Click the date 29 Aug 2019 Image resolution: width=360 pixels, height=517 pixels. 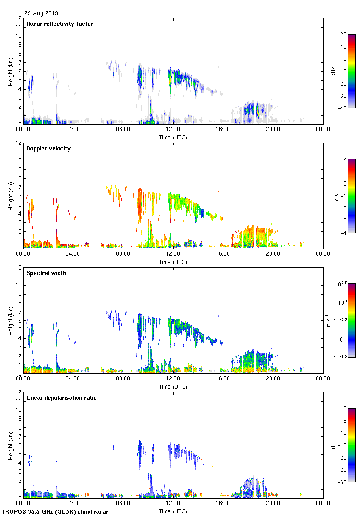pos(42,13)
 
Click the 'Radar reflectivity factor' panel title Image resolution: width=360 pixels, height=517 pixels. pos(60,24)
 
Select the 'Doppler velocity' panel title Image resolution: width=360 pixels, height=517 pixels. pos(48,149)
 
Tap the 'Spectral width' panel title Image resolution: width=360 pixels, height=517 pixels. pos(46,273)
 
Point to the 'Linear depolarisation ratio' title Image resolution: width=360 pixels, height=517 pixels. pos(61,398)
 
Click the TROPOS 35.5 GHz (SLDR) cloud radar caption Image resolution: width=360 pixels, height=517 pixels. pos(55,511)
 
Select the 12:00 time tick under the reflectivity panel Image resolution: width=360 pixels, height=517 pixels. pos(173,130)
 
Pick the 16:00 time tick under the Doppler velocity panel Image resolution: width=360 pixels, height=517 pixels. pos(223,254)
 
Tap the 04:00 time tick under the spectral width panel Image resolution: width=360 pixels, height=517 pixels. pos(73,379)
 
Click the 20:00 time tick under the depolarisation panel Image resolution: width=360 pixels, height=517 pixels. pos(273,504)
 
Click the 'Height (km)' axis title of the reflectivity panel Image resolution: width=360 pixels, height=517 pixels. pos(11,71)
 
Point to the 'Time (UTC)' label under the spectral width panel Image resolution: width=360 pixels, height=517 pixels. pos(173,386)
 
